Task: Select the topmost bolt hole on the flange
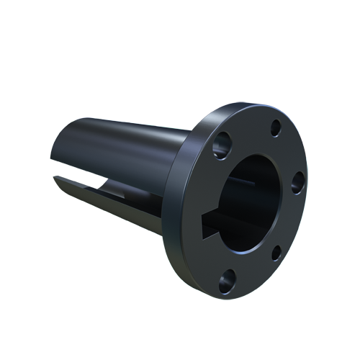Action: [276, 129]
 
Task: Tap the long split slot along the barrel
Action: [115, 197]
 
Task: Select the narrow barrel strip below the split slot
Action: [115, 216]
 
